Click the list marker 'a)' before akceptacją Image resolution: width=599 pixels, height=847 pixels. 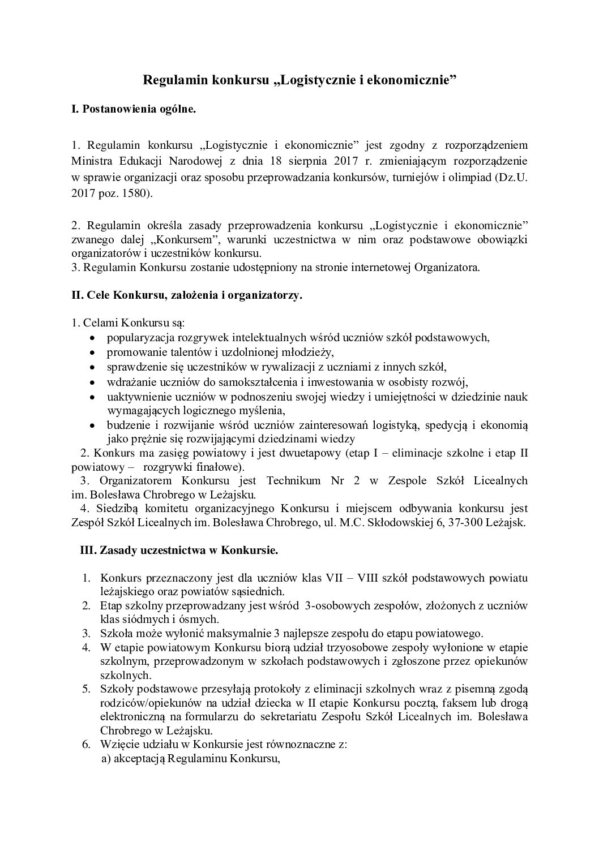(x=106, y=759)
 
